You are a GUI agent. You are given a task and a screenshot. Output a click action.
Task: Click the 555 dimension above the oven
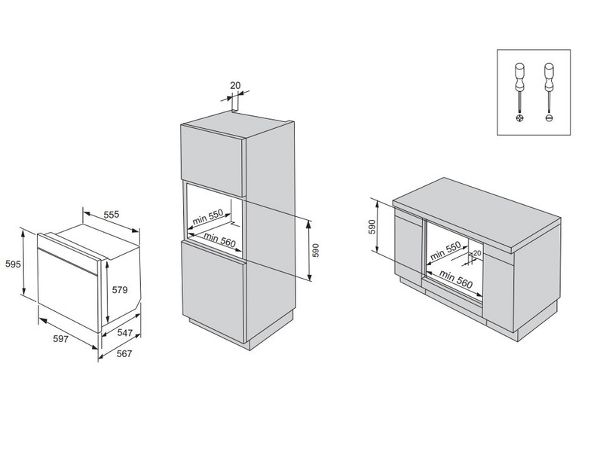[112, 215]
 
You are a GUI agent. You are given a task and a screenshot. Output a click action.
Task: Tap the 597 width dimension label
[62, 340]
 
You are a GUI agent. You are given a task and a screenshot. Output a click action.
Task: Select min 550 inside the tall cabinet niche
[207, 216]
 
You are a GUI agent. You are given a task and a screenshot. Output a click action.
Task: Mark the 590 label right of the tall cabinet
[317, 249]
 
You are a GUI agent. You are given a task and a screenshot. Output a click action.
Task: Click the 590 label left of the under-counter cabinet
[370, 227]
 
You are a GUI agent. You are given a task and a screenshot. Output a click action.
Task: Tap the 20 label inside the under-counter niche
[476, 254]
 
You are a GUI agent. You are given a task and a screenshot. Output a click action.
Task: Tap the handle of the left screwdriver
[518, 74]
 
